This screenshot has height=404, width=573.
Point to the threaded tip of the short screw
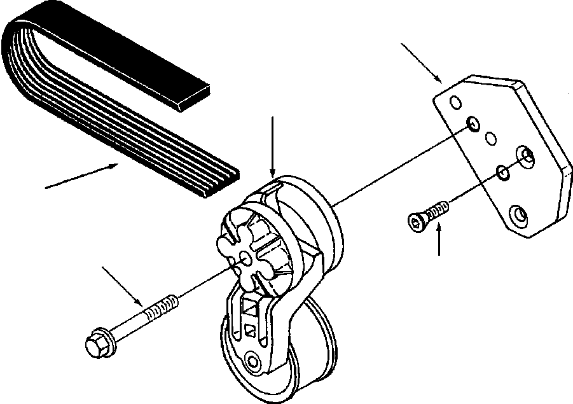[x=442, y=207]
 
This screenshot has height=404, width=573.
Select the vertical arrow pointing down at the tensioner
[x=272, y=146]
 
